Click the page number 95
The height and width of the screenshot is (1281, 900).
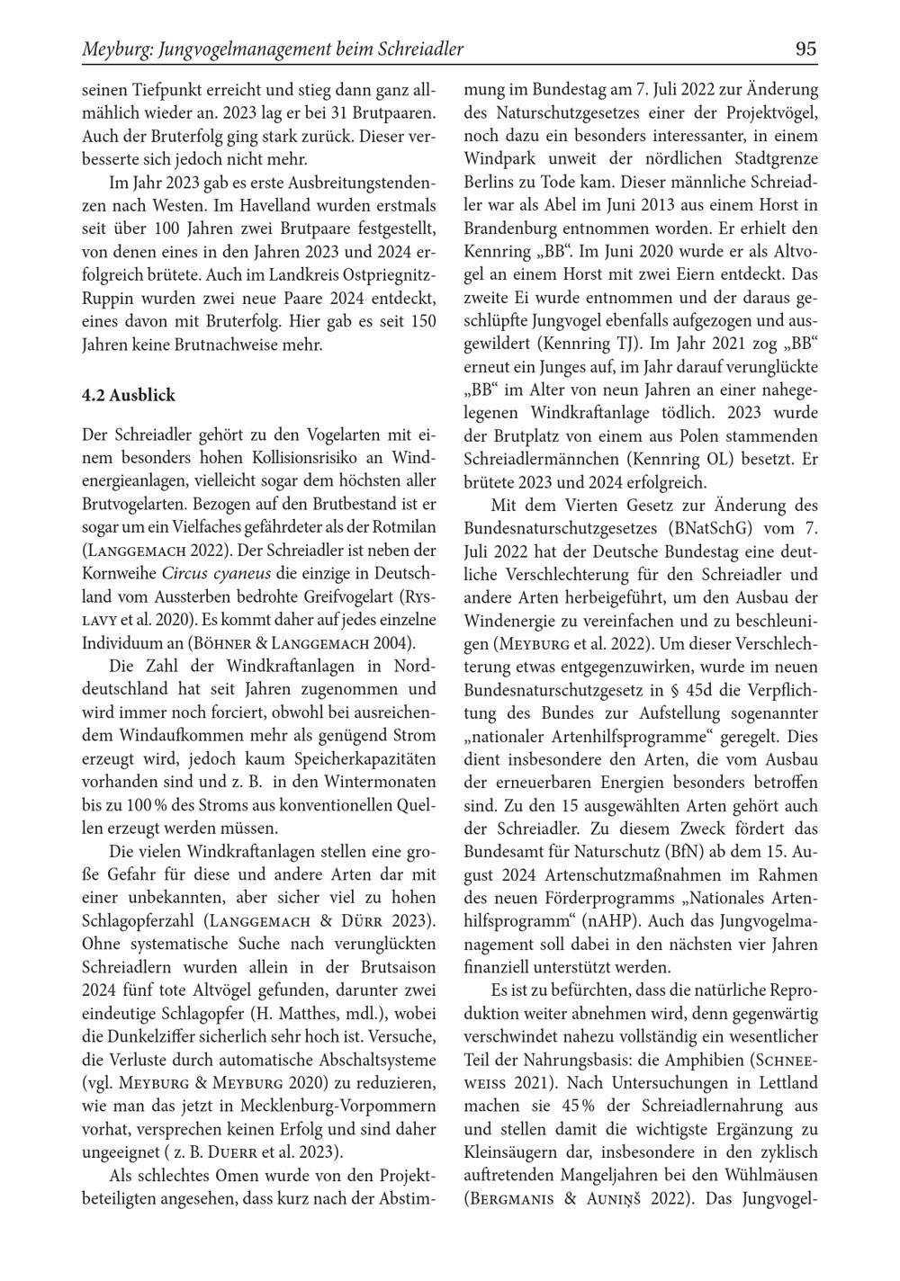(806, 49)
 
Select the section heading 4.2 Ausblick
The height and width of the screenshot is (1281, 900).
(128, 395)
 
